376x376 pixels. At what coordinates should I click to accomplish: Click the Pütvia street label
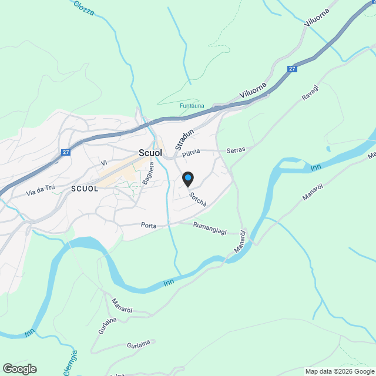click(x=191, y=152)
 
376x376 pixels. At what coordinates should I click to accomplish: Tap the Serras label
click(x=236, y=150)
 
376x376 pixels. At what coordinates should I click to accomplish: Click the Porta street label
click(x=148, y=225)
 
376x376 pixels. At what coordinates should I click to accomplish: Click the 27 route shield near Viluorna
click(x=291, y=69)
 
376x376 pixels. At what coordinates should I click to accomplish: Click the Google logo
click(x=19, y=368)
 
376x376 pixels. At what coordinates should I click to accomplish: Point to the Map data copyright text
click(x=339, y=371)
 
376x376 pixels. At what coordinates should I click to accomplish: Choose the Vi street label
click(x=103, y=163)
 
